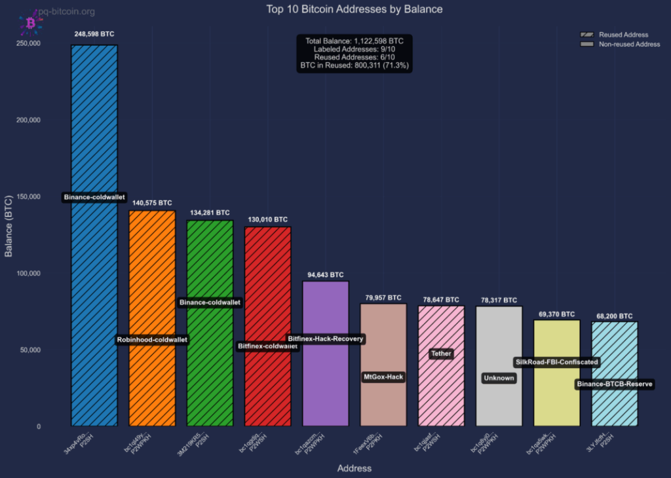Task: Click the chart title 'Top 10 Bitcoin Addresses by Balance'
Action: click(355, 9)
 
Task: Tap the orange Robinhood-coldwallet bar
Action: click(152, 275)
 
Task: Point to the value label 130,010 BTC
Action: click(267, 219)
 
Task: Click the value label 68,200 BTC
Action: click(614, 316)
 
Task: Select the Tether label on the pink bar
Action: click(441, 354)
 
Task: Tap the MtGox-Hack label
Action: click(383, 377)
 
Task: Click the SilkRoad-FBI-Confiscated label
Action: click(556, 362)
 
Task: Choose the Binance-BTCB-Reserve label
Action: click(615, 384)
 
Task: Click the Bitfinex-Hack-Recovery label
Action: click(326, 339)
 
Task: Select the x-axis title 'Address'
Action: click(354, 468)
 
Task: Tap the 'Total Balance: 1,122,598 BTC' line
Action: click(354, 41)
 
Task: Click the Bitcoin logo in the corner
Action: click(30, 23)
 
